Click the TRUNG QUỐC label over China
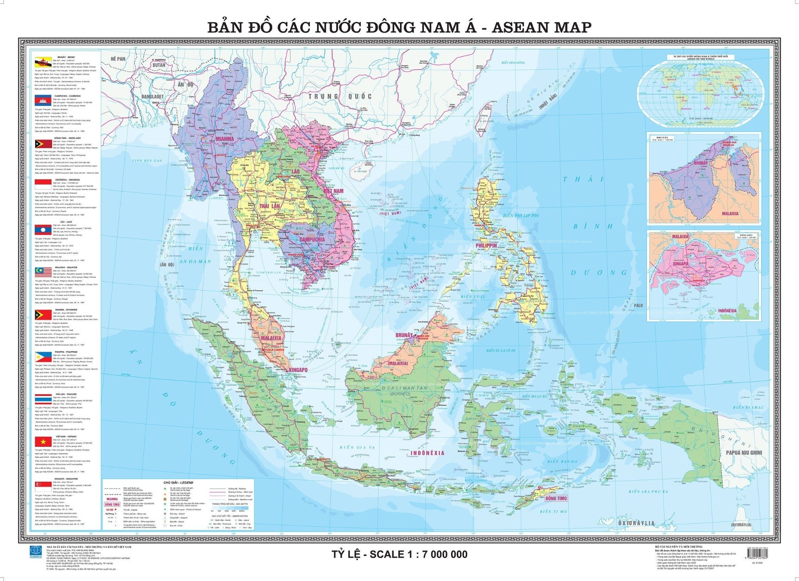(x=339, y=96)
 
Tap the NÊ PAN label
(x=118, y=59)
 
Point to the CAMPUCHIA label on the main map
(x=312, y=240)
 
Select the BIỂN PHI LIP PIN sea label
(x=520, y=215)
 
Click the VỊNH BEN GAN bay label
(x=146, y=161)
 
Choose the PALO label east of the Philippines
(x=638, y=306)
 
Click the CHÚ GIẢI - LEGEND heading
(x=178, y=483)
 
